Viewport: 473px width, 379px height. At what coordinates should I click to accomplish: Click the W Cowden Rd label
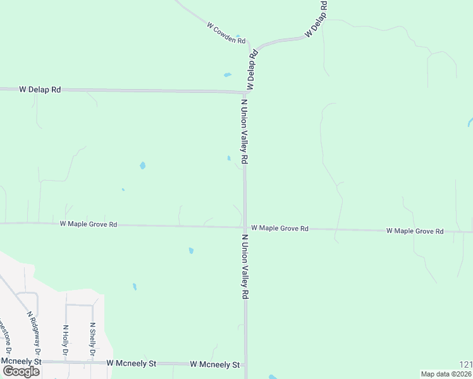(226, 33)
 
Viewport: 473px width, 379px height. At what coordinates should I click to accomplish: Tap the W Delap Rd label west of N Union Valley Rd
(40, 90)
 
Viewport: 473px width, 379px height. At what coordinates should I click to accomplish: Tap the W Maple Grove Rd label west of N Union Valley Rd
(89, 224)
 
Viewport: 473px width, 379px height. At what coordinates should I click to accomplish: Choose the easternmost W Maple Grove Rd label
(415, 231)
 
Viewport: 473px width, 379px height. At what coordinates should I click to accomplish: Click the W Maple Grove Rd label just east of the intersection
(279, 228)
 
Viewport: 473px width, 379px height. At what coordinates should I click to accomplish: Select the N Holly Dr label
(65, 340)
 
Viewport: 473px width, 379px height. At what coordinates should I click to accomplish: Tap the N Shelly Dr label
(92, 339)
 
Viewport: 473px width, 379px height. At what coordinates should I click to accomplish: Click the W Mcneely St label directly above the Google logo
(20, 361)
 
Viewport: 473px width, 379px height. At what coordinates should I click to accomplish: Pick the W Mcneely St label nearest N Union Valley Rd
(215, 365)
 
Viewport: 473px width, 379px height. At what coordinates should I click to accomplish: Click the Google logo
(21, 371)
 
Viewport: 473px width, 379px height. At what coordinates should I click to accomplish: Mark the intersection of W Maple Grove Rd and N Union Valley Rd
(245, 227)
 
